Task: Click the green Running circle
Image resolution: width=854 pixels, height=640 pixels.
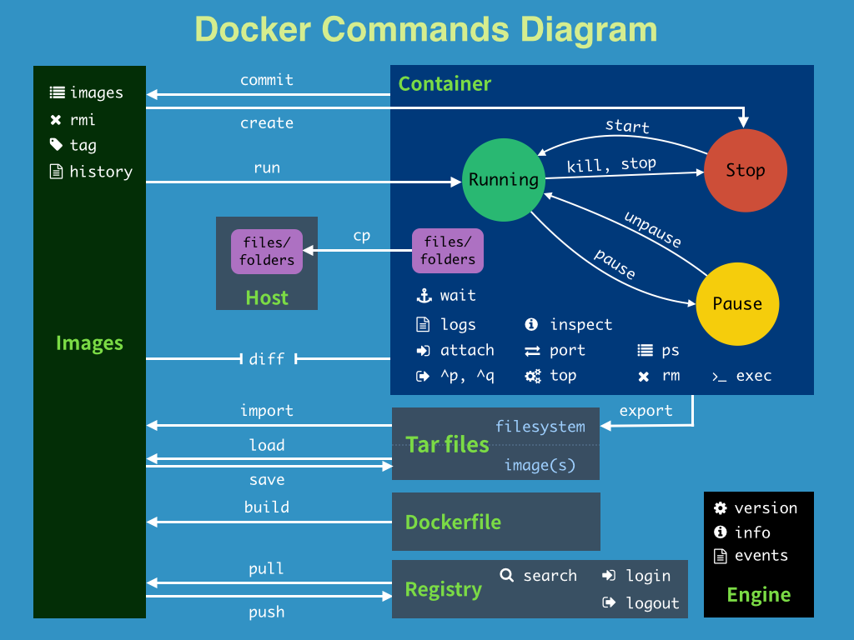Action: click(x=503, y=180)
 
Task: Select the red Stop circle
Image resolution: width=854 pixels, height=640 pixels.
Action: click(x=745, y=171)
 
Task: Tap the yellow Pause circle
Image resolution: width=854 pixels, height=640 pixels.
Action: click(x=737, y=304)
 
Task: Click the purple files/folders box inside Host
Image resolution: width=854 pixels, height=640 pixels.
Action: click(x=267, y=251)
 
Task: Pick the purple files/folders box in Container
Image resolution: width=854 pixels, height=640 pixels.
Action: click(x=448, y=251)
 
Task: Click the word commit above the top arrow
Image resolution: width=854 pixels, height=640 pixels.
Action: click(x=267, y=80)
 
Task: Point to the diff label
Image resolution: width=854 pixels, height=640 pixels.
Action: click(x=267, y=359)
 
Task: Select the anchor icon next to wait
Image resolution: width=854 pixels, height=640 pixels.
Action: click(x=423, y=296)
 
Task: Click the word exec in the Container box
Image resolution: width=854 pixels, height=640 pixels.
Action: click(x=754, y=376)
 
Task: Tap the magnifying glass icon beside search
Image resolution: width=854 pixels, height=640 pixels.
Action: click(x=506, y=575)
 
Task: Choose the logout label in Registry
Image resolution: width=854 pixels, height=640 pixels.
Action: click(x=652, y=603)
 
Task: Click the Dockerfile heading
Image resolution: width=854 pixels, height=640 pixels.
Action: click(x=453, y=522)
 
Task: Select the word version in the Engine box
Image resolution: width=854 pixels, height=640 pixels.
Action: click(x=766, y=508)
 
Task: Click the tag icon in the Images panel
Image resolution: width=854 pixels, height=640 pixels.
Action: click(x=56, y=145)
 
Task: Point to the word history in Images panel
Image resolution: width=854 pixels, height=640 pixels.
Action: click(x=101, y=172)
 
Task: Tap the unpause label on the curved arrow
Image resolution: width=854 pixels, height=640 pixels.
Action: click(x=652, y=229)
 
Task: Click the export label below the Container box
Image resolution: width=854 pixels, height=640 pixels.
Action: click(x=646, y=411)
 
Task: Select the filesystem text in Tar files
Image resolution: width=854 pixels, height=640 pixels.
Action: click(x=540, y=427)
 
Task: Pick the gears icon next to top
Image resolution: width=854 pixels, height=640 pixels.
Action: click(x=533, y=376)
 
